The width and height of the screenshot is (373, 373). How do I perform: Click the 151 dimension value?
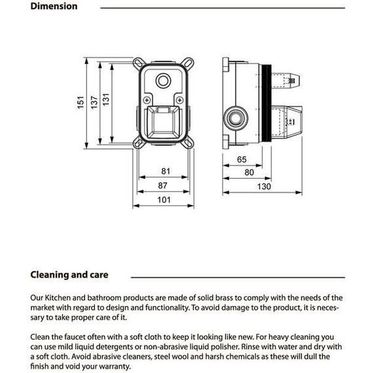point(81,103)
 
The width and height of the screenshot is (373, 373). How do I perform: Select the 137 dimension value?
point(94,103)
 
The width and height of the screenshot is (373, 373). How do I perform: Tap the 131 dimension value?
point(106,99)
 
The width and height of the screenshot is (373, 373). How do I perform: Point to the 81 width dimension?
point(166,171)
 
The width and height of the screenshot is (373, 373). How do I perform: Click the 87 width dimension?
point(163,186)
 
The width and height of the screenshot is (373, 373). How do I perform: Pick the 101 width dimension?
point(164,200)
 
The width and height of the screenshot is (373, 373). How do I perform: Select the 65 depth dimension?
point(241,160)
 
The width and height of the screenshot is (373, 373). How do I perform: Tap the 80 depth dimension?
point(249,173)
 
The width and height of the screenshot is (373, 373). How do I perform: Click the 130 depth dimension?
point(264,186)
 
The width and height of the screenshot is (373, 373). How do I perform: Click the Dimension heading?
point(54,6)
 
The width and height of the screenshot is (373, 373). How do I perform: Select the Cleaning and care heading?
point(69,275)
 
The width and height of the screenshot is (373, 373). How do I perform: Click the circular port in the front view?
point(163,80)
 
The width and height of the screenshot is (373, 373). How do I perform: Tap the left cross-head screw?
point(147,100)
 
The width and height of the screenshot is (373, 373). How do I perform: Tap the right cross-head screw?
point(179,100)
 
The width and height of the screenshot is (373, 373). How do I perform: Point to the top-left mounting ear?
point(139,63)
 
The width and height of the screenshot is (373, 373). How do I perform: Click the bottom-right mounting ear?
point(188,143)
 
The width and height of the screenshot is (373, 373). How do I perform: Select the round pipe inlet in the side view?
point(236,118)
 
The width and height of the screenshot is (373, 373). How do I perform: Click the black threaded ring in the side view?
point(266,103)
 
